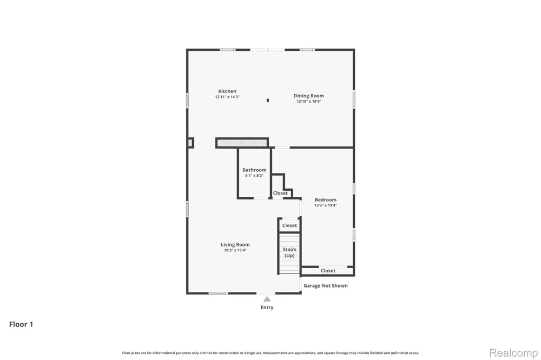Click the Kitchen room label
227,91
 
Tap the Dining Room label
309,96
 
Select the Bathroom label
254,170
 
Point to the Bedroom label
325,199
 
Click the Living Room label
235,244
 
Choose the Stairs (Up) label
289,252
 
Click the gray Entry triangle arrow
267,299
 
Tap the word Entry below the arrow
267,307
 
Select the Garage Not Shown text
325,285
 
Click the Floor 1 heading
21,324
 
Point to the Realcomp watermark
513,353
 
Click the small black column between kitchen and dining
268,101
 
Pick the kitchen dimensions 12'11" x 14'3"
227,97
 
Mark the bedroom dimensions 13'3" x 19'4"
325,205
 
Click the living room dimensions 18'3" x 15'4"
235,250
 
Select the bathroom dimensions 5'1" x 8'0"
254,176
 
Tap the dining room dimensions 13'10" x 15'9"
309,102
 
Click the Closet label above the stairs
289,225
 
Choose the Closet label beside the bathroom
280,193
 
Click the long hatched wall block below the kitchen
242,143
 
